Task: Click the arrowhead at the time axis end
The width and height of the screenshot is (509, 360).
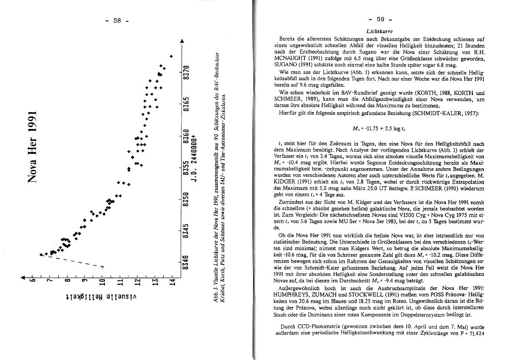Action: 182,41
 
